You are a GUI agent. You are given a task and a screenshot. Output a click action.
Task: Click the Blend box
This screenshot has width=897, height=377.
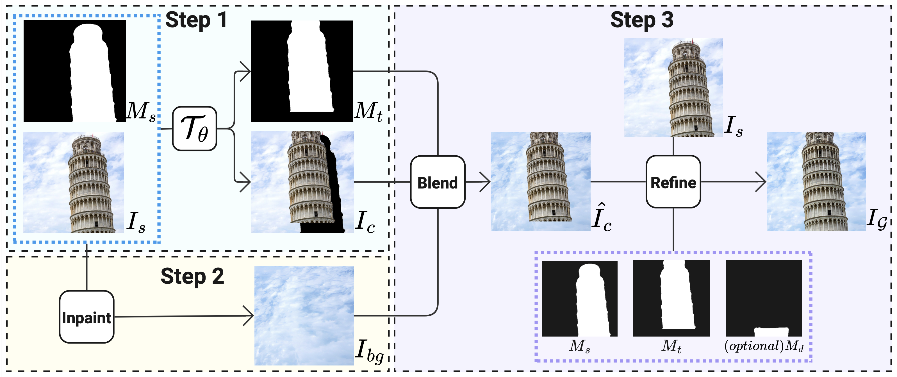click(x=437, y=182)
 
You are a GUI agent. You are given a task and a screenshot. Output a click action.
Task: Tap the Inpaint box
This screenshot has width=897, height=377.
click(x=86, y=317)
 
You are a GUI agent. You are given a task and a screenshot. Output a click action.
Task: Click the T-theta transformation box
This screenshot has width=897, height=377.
click(x=194, y=129)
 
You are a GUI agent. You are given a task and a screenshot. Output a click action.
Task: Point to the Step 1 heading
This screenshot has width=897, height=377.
click(x=196, y=20)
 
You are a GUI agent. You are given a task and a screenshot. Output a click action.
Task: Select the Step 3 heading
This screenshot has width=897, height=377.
click(x=642, y=20)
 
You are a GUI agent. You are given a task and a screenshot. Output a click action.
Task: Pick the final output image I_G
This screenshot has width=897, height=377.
click(x=816, y=181)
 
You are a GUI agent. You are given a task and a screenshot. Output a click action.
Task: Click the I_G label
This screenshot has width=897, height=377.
click(x=876, y=219)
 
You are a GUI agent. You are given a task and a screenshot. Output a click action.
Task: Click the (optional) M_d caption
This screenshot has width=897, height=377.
click(x=764, y=346)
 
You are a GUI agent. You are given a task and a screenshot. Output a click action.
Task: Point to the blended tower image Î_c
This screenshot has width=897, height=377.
click(x=540, y=181)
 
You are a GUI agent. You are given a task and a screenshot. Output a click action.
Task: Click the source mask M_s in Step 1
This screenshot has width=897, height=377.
click(x=74, y=71)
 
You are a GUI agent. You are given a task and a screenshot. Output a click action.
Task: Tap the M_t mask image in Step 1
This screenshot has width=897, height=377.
click(x=302, y=71)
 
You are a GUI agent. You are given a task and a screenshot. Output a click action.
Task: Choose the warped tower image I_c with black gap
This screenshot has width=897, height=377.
click(x=302, y=182)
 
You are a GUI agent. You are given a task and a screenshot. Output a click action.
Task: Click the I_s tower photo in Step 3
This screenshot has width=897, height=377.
click(x=673, y=87)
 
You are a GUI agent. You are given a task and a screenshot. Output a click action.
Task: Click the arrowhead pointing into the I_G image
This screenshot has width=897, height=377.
click(x=761, y=181)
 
